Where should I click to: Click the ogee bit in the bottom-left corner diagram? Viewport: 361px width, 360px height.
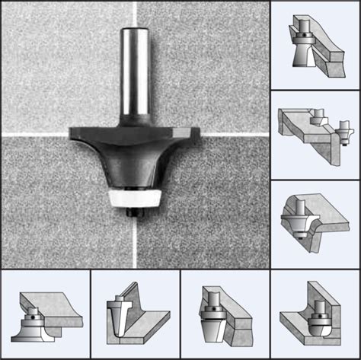[30, 323]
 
